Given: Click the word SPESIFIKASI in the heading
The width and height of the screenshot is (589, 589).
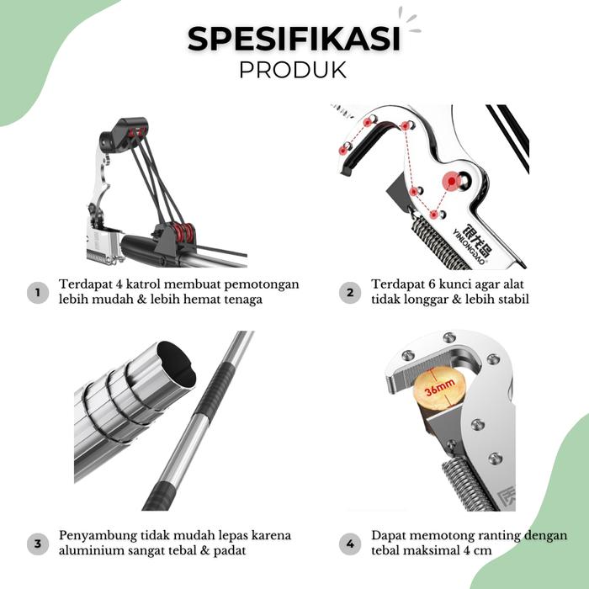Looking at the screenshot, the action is tap(294, 39).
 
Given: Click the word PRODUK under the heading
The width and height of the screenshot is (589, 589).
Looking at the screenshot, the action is tap(293, 70).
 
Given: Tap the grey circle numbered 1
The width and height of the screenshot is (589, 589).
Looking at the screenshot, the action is tap(38, 293).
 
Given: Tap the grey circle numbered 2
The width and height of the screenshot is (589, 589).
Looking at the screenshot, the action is tap(350, 293).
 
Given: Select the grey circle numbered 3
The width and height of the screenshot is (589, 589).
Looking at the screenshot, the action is tap(38, 544).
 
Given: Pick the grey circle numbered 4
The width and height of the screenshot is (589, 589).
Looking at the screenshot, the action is tap(350, 544).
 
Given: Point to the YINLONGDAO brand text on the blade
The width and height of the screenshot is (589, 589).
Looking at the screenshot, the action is tap(469, 247).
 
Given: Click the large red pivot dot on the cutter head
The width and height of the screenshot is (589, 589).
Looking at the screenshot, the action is tap(452, 182).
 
